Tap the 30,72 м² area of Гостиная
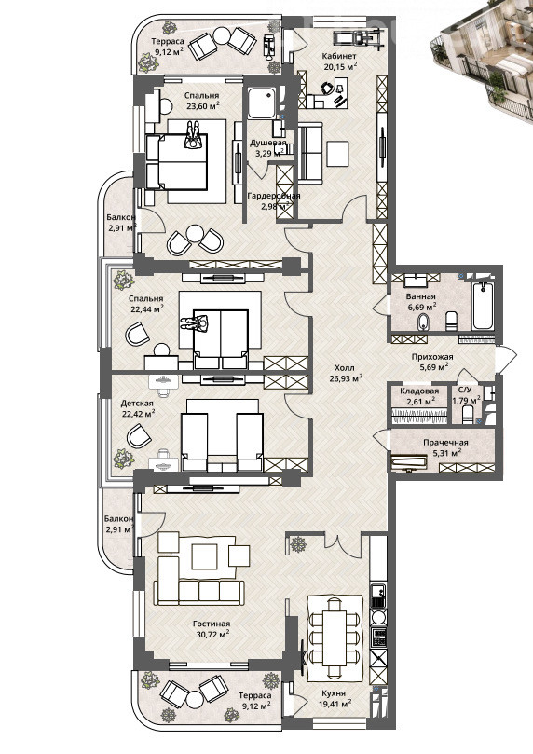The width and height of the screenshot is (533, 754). [211, 635]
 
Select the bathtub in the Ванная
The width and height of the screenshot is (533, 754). [483, 307]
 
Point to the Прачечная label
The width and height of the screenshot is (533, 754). [445, 443]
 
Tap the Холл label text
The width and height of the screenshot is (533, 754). [344, 368]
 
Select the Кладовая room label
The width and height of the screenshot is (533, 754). [419, 391]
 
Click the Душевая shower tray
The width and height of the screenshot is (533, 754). [263, 103]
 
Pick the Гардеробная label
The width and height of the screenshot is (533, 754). [273, 196]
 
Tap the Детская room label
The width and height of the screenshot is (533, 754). [137, 403]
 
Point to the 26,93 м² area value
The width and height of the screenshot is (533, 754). [346, 378]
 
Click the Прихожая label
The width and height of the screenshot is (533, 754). [432, 357]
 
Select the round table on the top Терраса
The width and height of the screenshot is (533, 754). [223, 35]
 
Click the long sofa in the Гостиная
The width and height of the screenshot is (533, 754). [199, 592]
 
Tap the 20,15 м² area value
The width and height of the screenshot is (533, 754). [340, 67]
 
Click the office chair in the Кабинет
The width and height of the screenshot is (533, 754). [326, 88]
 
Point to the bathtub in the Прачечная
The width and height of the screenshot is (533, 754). [409, 462]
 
